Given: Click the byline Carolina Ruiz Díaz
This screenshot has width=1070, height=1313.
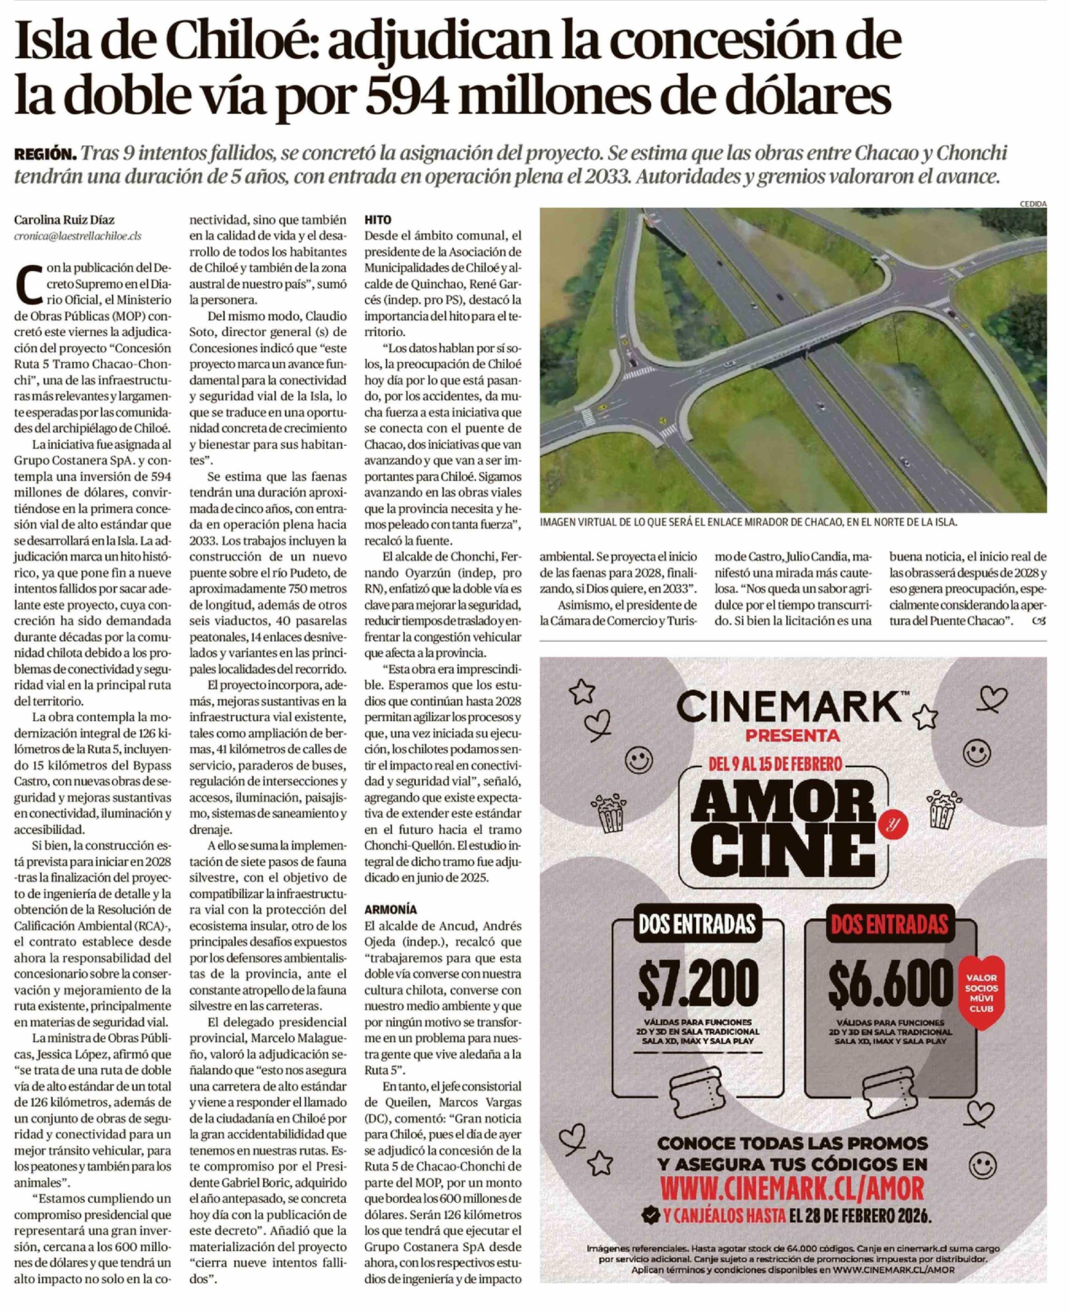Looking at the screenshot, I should pos(64,220).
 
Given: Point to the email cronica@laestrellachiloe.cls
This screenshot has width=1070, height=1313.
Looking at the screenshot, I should pos(78,236).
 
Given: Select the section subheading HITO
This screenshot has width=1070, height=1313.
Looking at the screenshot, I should pos(377,220).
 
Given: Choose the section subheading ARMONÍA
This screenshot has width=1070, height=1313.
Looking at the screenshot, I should pos(390,909).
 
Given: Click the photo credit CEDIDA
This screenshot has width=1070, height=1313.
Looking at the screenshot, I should pos(1033,203).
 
